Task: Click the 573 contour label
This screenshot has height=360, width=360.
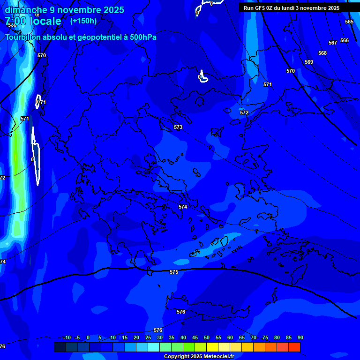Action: tap(178, 127)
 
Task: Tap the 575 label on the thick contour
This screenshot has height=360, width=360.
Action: tap(174, 272)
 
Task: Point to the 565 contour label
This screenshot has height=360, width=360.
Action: tap(349, 22)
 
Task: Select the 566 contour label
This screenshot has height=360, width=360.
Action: tap(345, 41)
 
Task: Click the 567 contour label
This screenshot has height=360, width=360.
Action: tap(333, 43)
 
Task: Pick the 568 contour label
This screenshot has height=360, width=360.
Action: tap(322, 53)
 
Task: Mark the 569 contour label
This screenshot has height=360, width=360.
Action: tap(309, 62)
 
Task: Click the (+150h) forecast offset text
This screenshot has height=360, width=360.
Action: tap(83, 21)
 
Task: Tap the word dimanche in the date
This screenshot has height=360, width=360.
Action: tap(26, 9)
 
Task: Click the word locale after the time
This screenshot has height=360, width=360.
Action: tap(45, 21)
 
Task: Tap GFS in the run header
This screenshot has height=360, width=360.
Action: tap(260, 8)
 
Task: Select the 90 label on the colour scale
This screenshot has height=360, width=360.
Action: tap(300, 338)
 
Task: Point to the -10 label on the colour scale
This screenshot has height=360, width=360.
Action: tap(67, 338)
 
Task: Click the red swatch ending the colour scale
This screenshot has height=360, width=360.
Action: tap(294, 347)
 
